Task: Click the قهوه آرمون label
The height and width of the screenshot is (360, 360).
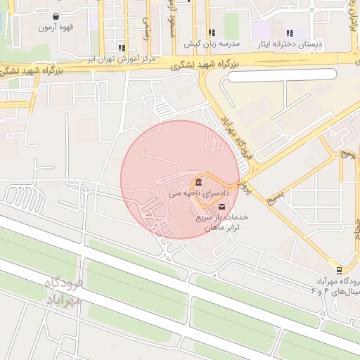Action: coord(56,27)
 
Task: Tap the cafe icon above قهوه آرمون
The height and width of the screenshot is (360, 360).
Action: coord(56,15)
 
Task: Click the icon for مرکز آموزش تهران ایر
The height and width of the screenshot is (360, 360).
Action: coord(122,49)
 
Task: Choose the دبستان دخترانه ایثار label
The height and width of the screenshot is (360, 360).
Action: coord(290,44)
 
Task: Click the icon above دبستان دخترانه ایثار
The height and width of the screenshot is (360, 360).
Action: coord(290,32)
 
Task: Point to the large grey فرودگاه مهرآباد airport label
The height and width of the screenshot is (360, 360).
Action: coord(64,291)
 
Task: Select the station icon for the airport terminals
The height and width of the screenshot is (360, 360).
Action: coord(340,270)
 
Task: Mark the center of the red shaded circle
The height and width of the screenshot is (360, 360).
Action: coord(180,179)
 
